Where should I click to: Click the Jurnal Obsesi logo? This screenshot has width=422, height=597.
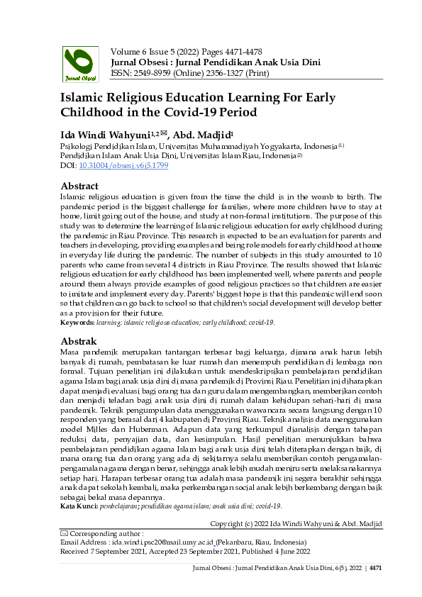click(81, 64)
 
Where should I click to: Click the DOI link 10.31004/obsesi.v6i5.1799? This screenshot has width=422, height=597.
click(113, 165)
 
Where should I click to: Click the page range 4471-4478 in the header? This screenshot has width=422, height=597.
click(238, 51)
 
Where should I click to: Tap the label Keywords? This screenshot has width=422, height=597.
click(81, 323)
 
